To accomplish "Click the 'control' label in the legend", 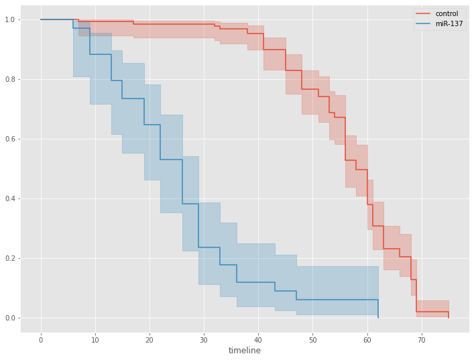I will pyautogui.click(x=447, y=13).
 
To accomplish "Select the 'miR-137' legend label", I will pyautogui.click(x=449, y=23).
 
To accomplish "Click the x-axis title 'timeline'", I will pyautogui.click(x=245, y=351).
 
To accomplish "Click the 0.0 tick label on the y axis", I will pyautogui.click(x=10, y=318).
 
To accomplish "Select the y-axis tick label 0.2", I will pyautogui.click(x=10, y=258).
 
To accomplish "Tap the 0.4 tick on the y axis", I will pyautogui.click(x=10, y=198).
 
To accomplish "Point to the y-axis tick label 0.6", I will pyautogui.click(x=10, y=139).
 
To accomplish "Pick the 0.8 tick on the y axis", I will pyautogui.click(x=10, y=79).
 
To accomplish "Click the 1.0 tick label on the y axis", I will pyautogui.click(x=10, y=19).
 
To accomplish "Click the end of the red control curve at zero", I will pyautogui.click(x=449, y=318).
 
